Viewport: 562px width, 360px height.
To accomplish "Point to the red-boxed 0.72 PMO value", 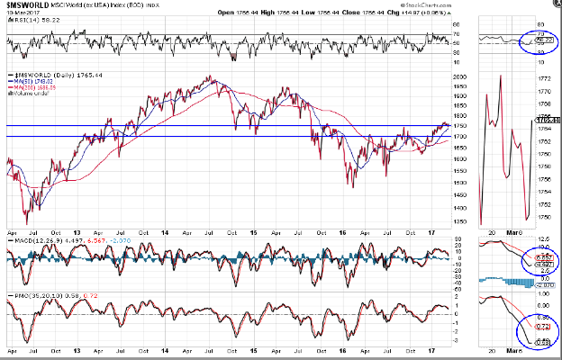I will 544,326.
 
